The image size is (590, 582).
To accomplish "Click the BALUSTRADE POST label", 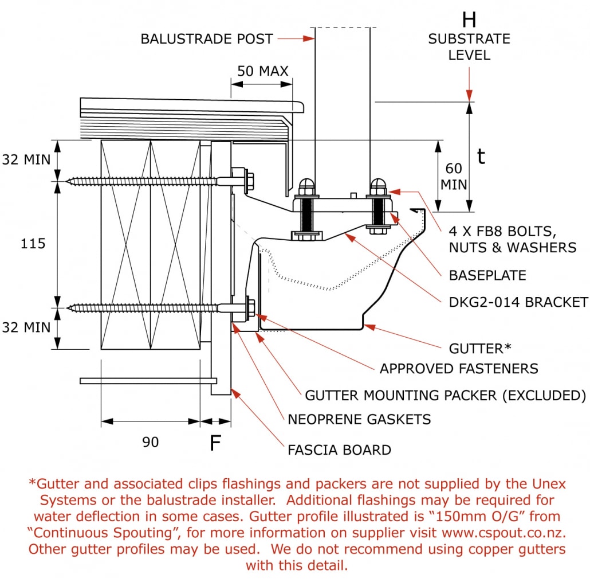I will pos(207,39).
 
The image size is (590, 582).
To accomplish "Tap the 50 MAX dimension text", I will pos(263,71).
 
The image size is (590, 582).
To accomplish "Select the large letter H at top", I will pos(469,20).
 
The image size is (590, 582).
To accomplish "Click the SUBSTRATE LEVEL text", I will pos(469,47).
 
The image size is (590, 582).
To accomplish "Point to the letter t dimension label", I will pos(481,156).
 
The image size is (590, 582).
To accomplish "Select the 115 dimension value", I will pos(33,244).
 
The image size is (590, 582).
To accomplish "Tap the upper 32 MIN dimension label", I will pos(26,160).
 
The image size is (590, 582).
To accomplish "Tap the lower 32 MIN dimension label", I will pos(26,327).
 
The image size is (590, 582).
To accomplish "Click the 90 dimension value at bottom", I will pos(151,442).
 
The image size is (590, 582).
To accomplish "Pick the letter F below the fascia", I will pos(215,443).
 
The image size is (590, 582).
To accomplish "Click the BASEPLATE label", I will pos(487,275).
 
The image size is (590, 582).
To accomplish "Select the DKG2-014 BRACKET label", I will pos(518,302).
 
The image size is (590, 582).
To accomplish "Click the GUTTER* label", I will pos(480,348).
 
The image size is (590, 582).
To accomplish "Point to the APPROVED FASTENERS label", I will pos(459,369).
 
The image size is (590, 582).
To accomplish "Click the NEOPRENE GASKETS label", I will pos(359,419).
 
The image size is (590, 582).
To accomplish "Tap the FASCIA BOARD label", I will pos(339,450).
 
